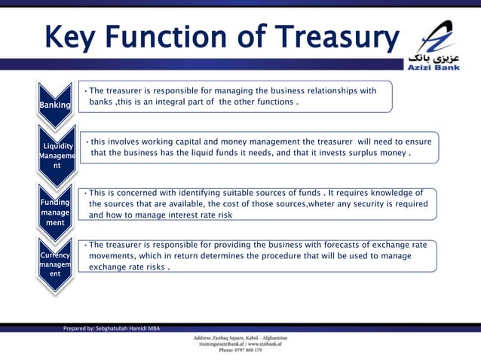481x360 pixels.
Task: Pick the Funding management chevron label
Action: [57, 213]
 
